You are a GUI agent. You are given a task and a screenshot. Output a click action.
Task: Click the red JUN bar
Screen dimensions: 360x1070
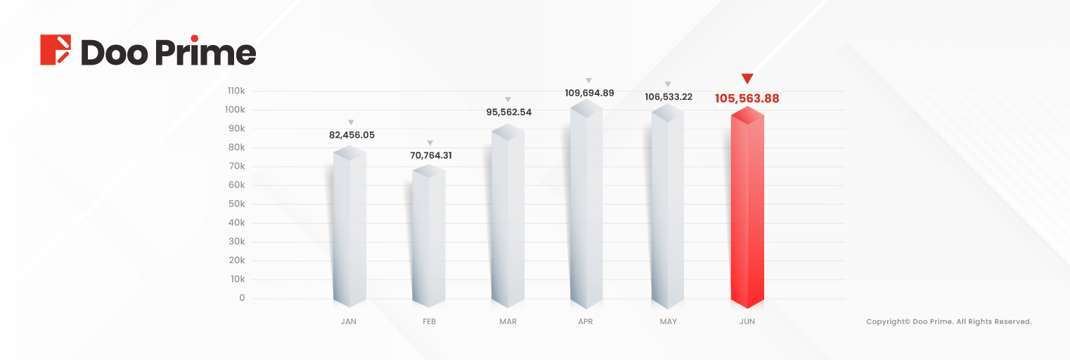[747, 211]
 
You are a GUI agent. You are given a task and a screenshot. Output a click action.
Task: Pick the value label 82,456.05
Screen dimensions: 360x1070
[352, 135]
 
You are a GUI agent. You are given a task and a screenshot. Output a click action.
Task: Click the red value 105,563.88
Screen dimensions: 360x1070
[747, 98]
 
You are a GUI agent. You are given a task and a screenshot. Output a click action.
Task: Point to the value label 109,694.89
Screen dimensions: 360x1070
[589, 93]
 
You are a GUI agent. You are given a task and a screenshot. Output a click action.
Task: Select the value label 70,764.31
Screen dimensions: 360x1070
[430, 155]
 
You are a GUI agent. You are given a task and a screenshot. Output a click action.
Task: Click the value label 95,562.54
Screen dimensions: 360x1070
[508, 112]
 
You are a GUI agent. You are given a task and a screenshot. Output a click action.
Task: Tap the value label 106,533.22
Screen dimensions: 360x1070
[668, 97]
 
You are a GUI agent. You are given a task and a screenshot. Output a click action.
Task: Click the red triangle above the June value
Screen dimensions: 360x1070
[747, 78]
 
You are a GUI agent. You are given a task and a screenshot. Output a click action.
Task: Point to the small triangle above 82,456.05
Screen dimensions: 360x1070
[351, 122]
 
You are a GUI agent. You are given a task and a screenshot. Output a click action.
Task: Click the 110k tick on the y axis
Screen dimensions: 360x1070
[236, 91]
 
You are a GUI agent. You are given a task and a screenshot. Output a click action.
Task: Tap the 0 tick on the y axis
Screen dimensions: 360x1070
[242, 298]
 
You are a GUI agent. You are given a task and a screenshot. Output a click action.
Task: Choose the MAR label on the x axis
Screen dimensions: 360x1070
[508, 322]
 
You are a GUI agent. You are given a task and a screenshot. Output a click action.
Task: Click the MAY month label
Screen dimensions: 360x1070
[668, 322]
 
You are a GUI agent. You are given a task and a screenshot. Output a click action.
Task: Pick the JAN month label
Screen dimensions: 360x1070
[348, 322]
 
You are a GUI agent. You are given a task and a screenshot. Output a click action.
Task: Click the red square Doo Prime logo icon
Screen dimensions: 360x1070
[56, 50]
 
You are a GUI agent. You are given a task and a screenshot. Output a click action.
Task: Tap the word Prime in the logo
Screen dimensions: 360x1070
[209, 52]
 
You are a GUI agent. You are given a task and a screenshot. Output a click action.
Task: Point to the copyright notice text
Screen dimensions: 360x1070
[948, 322]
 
